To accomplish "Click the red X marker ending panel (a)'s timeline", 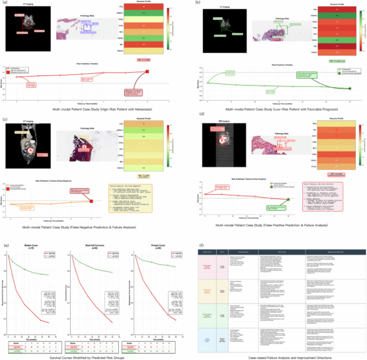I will (x=147, y=71).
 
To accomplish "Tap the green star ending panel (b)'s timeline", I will (x=350, y=89).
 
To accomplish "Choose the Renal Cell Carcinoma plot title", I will (x=90, y=244).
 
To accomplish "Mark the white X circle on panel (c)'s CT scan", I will (x=30, y=150).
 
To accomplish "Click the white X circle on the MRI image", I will (x=223, y=140).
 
